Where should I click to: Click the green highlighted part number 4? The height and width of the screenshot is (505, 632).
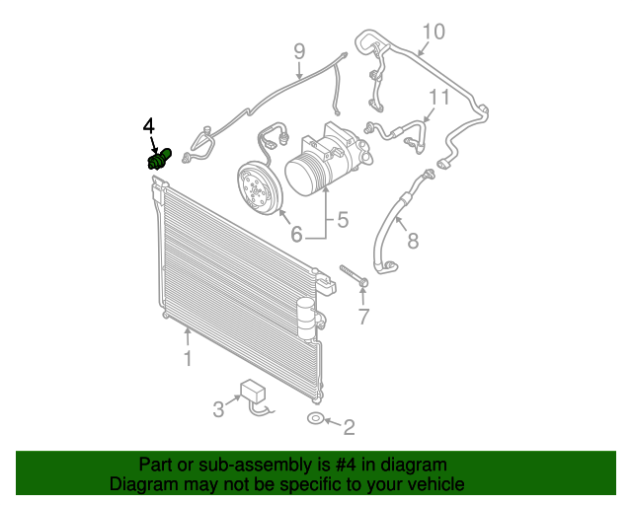pos(159,158)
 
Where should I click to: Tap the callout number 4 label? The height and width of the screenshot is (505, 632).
pos(148,125)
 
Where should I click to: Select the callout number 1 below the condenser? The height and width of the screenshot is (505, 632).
pos(188,358)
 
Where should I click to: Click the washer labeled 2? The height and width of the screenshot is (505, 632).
pos(313,420)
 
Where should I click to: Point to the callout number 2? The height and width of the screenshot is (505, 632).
pos(348,427)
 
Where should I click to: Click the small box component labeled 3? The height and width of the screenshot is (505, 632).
pos(255,392)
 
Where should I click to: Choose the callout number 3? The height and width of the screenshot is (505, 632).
pos(218,408)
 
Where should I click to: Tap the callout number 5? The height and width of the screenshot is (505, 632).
pos(343,220)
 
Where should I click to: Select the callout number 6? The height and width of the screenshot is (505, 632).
pos(295,235)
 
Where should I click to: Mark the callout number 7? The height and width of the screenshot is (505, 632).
pos(363,317)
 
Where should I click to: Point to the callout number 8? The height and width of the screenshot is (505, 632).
pos(413,240)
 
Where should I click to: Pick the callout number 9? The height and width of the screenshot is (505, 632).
pos(299,51)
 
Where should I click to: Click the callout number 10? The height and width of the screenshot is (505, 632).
pos(434,31)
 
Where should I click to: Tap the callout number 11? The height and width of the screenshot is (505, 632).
pos(438,97)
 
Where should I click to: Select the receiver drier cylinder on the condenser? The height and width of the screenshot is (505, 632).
pos(307,314)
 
